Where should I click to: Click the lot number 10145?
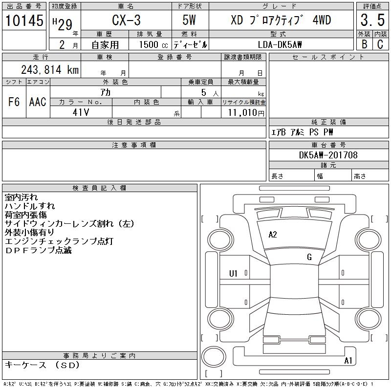point(24,20)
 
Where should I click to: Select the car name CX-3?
point(126,20)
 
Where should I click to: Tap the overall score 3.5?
point(372,20)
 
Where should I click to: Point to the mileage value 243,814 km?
point(50,69)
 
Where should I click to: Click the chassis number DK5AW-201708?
point(328,155)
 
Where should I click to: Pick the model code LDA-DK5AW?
point(280,44)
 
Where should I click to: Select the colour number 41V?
point(81,112)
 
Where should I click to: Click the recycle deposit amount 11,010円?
point(246,112)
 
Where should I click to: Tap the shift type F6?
point(14,102)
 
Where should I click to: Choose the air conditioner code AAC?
point(38,102)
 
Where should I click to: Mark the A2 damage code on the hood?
point(273,235)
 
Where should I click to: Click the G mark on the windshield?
point(309,257)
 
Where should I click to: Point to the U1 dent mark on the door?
point(233,274)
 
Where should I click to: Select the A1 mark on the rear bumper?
point(348,361)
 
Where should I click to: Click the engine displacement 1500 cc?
point(153,44)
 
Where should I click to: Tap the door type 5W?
point(189,20)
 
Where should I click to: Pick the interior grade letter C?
point(380,44)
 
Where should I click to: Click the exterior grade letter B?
point(364,44)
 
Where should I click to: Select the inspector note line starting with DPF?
point(39,250)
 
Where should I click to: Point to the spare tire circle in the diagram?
point(214,357)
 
